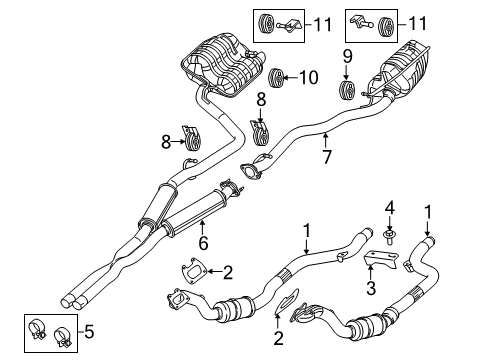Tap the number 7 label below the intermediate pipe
(x=324, y=156)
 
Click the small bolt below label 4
(x=389, y=238)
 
